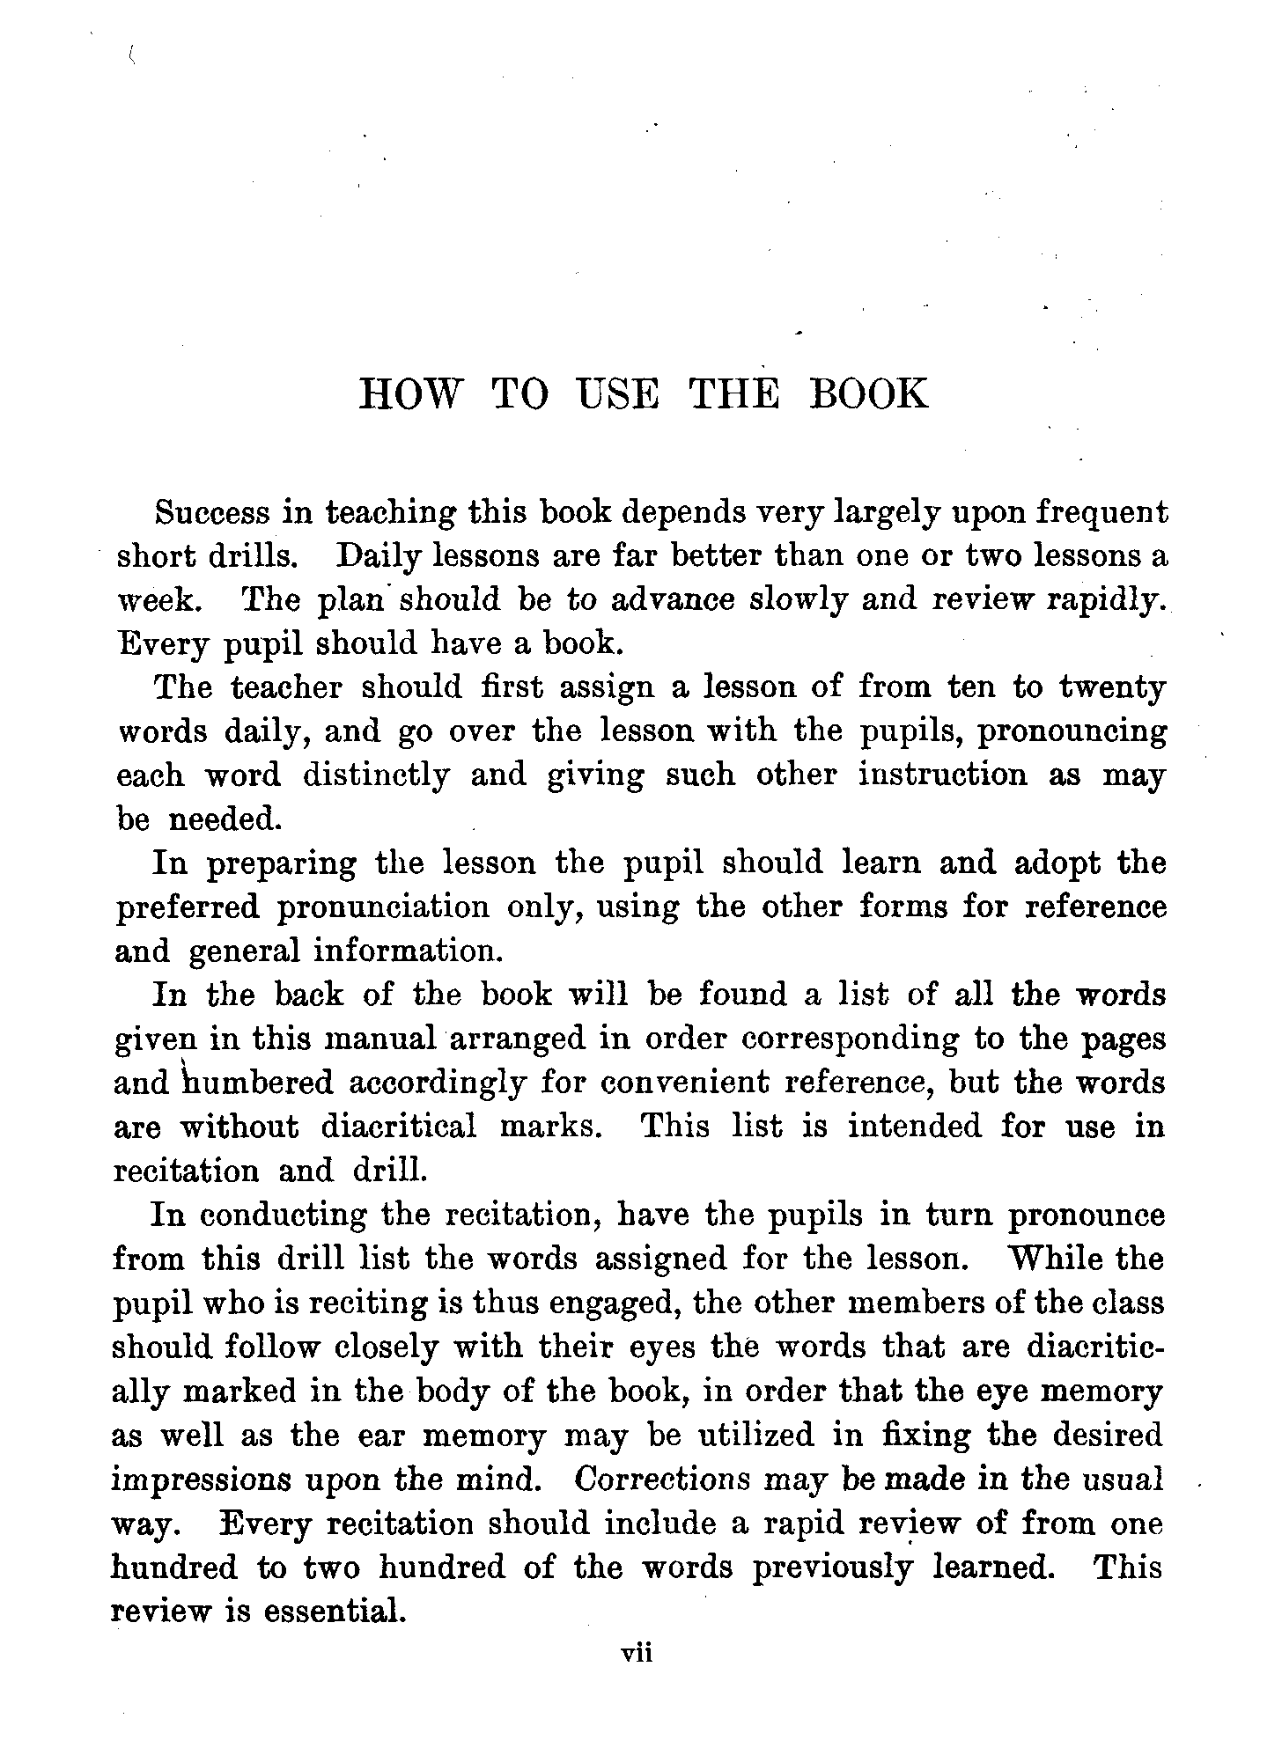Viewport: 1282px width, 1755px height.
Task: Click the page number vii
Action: pyautogui.click(x=636, y=1654)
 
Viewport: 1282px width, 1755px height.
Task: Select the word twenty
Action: pyautogui.click(x=1111, y=687)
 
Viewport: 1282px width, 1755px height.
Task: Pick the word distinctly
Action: pyautogui.click(x=375, y=775)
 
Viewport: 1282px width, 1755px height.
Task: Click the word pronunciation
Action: pyautogui.click(x=383, y=907)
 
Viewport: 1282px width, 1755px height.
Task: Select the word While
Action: pyautogui.click(x=1055, y=1259)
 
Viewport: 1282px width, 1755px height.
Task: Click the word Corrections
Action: pyautogui.click(x=662, y=1480)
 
